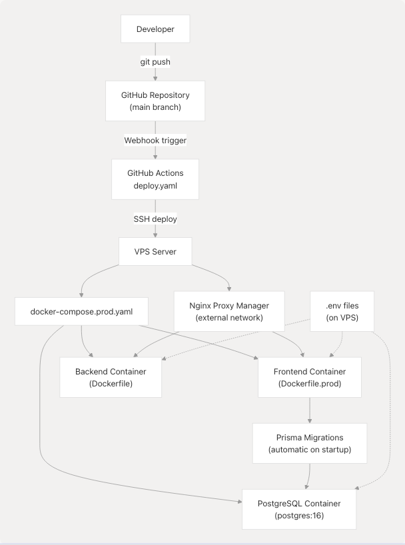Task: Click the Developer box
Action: (x=155, y=29)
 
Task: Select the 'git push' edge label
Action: (x=155, y=62)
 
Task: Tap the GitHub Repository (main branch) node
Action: (x=155, y=101)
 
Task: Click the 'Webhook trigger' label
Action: (x=155, y=141)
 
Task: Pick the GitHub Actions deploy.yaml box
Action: (x=155, y=179)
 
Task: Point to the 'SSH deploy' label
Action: (x=155, y=219)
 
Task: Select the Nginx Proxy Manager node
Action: (x=229, y=311)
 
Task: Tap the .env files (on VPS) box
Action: (x=342, y=311)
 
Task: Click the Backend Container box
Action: (x=111, y=377)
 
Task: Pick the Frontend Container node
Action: (x=310, y=377)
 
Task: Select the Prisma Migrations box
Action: (x=310, y=443)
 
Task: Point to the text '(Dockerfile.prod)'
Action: (x=310, y=384)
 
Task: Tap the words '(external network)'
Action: (x=229, y=318)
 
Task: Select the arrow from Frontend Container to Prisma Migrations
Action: (x=310, y=410)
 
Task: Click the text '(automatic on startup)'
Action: (x=310, y=450)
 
